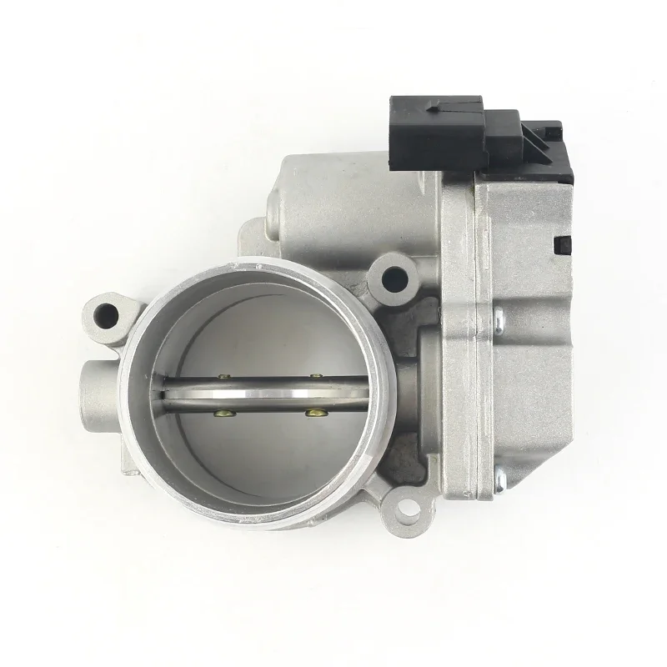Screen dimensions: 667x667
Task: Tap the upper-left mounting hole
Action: click(108, 314)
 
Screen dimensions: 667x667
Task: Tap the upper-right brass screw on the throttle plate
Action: click(317, 377)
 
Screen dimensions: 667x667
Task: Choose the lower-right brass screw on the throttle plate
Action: click(313, 411)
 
